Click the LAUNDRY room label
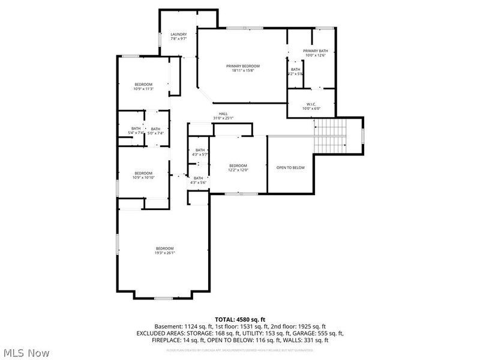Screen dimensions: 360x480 coord(178,34)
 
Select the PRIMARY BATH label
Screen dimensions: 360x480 coord(315,51)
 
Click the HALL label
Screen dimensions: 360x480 coord(223,113)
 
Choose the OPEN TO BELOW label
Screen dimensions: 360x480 coord(290,167)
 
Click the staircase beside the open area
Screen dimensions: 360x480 coord(332,135)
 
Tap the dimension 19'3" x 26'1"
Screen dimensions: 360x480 coord(165,253)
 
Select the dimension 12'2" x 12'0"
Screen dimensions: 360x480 coord(238,170)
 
